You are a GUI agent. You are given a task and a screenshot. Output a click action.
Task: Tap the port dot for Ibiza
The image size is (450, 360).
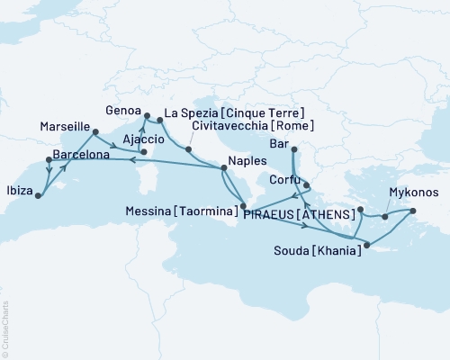tap(37, 193)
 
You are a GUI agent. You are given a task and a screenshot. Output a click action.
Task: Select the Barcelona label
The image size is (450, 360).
tap(81, 156)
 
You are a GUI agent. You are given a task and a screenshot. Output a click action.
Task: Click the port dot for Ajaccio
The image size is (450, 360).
tap(143, 152)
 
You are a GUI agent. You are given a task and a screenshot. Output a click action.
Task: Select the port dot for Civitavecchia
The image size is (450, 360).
tap(188, 148)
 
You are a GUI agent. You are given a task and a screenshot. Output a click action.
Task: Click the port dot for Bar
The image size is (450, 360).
tap(293, 150)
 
